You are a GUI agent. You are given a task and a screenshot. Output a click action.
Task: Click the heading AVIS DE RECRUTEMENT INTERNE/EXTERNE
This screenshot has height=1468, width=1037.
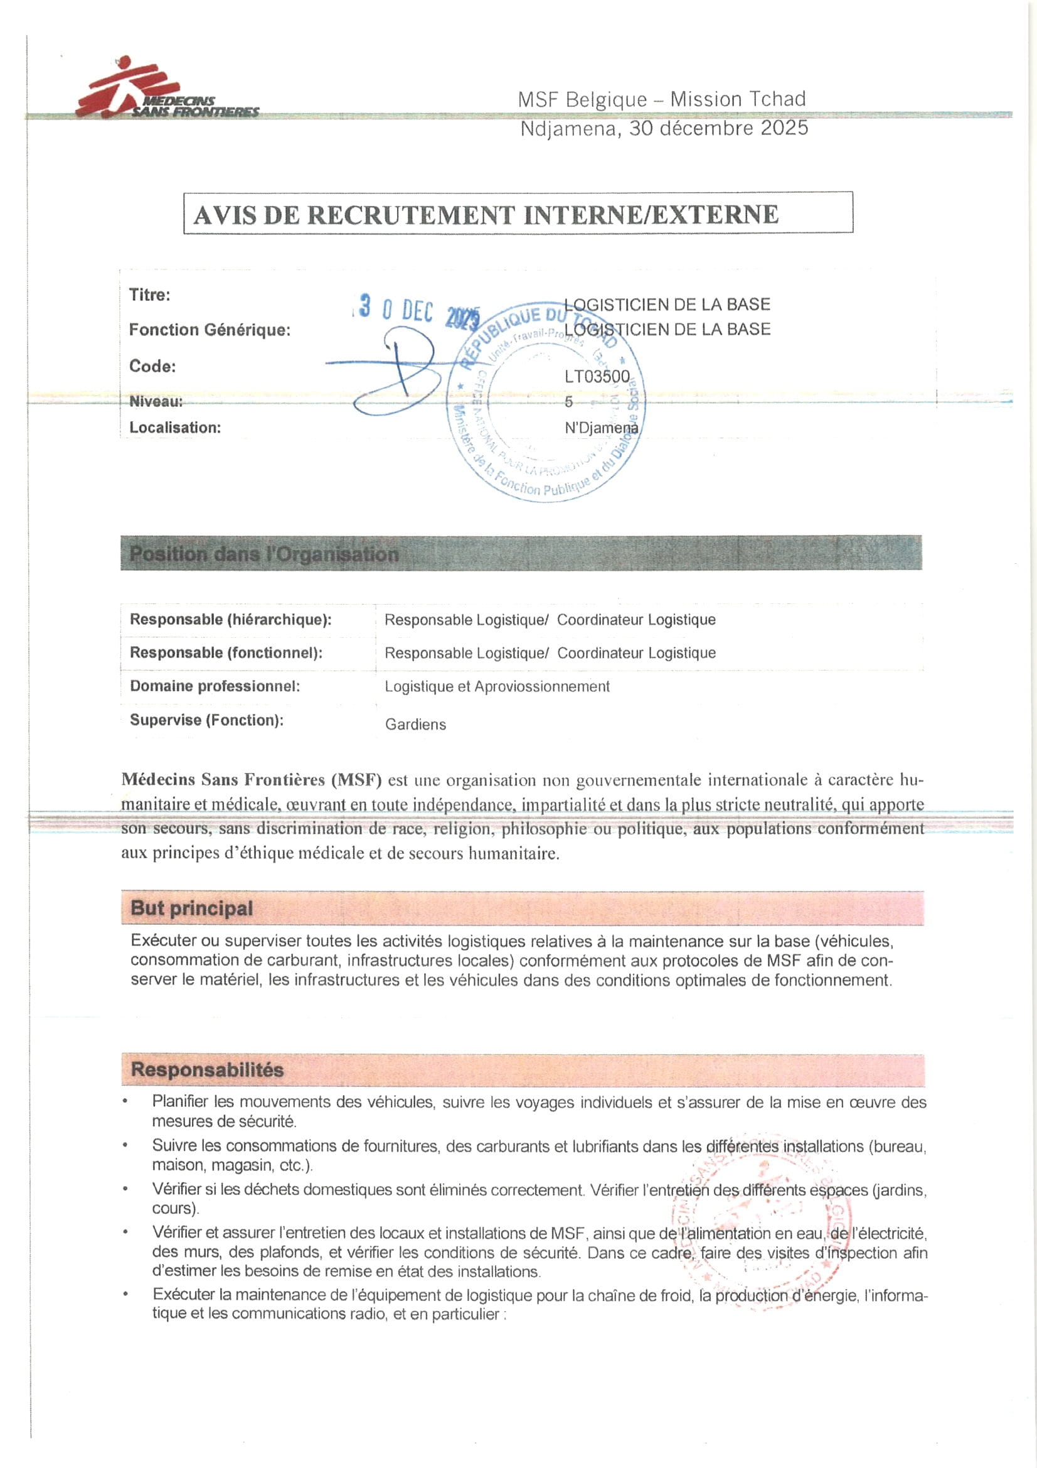coord(486,215)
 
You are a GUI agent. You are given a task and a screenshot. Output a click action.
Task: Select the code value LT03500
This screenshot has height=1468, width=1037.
coord(597,377)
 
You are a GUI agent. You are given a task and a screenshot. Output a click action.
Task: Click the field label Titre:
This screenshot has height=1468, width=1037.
coord(149,294)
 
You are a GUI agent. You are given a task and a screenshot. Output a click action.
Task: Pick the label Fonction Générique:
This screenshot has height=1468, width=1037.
coord(210,330)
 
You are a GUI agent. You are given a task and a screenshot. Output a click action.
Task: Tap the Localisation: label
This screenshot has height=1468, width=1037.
coord(175,428)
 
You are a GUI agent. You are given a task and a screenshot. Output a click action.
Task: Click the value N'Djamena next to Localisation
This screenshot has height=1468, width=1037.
coord(600,428)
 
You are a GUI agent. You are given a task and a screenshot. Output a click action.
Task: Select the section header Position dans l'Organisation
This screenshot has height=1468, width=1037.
coord(264,554)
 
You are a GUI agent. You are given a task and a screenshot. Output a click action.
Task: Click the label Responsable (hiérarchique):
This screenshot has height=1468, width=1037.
coord(231,620)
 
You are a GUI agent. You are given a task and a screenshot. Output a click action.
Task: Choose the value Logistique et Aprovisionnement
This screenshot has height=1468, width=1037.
coord(496,687)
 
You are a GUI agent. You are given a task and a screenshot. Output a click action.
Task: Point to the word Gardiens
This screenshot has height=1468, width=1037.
coord(415,725)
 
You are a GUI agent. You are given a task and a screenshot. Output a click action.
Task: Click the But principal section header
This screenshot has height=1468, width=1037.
coord(192,908)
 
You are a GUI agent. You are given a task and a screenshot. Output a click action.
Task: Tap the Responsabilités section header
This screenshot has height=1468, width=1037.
coord(207,1070)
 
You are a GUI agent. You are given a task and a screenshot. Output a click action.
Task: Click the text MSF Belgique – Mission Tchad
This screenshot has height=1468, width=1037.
coord(661,100)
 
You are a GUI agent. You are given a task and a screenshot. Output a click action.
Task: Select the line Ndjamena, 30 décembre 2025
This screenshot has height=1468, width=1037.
coord(664,129)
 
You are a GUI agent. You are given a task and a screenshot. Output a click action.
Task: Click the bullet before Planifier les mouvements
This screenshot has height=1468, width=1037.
coord(126,1102)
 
